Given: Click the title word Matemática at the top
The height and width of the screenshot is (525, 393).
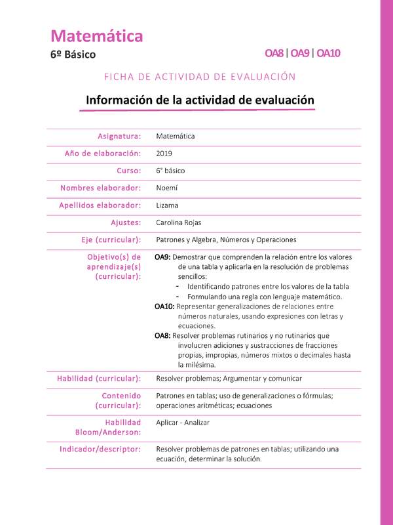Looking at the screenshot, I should [x=96, y=36].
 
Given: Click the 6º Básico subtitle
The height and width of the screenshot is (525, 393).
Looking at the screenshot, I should [x=73, y=54].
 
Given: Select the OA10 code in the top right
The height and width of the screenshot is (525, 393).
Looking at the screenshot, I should [x=328, y=53].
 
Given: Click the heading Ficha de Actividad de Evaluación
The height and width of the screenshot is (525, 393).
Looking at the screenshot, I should [x=200, y=77].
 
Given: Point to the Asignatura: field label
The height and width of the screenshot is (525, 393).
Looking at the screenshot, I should [x=119, y=136].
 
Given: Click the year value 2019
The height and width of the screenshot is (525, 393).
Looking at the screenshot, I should [x=164, y=154].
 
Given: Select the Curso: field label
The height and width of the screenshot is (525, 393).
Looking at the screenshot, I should [x=129, y=171].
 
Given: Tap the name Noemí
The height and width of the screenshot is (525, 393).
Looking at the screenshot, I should [x=166, y=188].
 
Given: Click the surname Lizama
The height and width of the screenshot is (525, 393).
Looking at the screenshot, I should [x=167, y=205].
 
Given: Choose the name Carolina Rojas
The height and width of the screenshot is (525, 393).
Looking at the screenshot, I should [x=179, y=222].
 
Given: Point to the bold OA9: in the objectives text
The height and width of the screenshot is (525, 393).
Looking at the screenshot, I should [x=163, y=257].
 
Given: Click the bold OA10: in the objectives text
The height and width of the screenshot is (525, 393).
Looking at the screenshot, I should [x=165, y=306].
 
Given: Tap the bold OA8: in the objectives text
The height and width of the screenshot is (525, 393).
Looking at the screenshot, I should [x=163, y=336].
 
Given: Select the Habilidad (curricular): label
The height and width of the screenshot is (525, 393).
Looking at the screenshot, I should [x=99, y=379].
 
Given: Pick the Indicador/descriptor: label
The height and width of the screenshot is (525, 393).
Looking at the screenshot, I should [x=100, y=449].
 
